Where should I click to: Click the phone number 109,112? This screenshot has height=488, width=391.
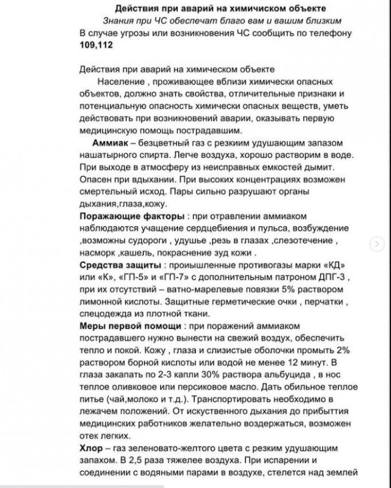96,44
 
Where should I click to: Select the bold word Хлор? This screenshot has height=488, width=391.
92,446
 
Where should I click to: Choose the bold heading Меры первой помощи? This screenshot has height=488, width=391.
120,325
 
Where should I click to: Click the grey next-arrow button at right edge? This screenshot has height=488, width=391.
376,243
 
